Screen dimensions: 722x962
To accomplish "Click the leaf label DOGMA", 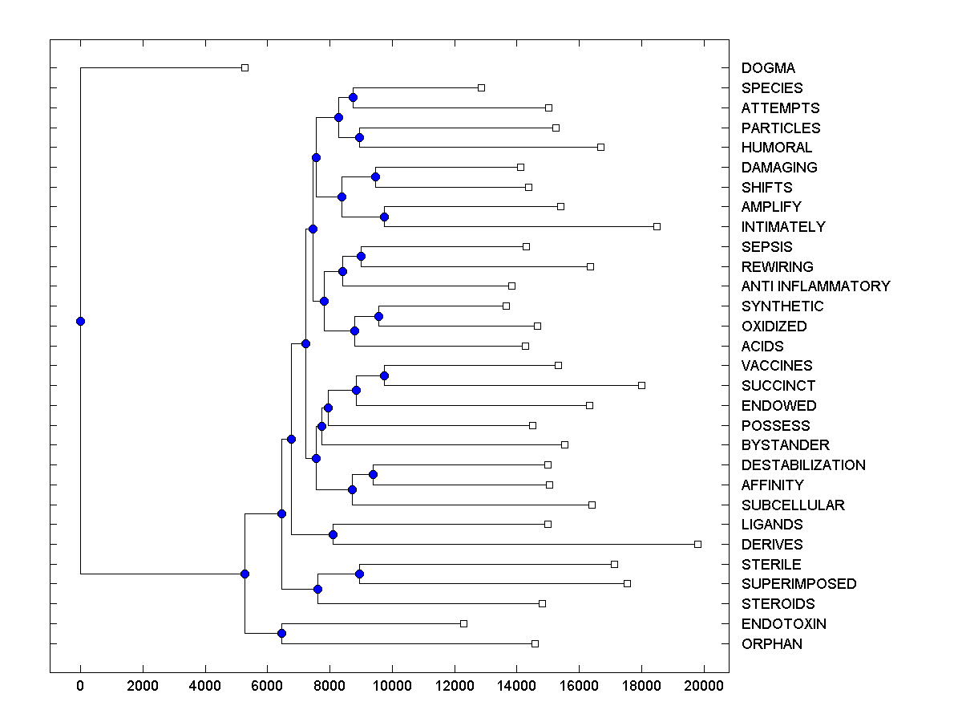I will (x=768, y=68).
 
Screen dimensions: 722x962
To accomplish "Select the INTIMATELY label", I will (x=782, y=227).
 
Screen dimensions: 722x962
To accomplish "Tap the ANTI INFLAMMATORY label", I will (x=815, y=286).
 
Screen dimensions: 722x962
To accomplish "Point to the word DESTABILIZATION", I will (x=803, y=465).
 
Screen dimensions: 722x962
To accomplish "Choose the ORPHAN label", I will (x=771, y=644).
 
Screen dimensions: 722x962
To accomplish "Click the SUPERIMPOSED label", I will (x=798, y=584).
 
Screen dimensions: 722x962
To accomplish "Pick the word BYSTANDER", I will (x=785, y=445).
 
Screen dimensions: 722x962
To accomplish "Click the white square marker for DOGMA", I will (x=245, y=67).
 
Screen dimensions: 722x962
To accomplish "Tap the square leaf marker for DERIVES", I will (x=697, y=544).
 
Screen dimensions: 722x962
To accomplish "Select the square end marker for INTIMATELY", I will (x=657, y=226).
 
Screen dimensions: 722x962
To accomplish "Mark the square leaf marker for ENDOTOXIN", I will (x=463, y=623).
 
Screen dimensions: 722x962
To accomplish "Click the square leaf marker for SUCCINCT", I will (x=641, y=385).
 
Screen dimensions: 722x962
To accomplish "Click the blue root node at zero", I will (x=80, y=321).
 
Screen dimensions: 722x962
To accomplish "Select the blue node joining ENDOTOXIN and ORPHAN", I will (x=281, y=633).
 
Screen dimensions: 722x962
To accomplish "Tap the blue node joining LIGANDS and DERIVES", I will (x=333, y=534).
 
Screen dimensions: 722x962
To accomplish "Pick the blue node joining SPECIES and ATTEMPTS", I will (x=353, y=97).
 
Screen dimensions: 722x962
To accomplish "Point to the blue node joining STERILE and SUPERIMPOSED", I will (x=359, y=574).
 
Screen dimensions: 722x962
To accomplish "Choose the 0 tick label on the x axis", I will (x=80, y=683).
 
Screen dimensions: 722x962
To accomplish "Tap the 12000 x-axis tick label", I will (x=455, y=683).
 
